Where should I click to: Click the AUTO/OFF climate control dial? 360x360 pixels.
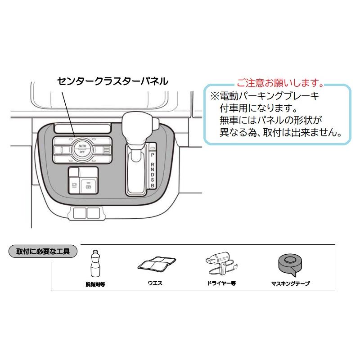[x=82, y=149]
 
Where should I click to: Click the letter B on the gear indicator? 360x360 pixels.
[x=153, y=185]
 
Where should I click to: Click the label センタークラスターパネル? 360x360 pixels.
[x=112, y=81]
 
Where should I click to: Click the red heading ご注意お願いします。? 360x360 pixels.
[x=280, y=83]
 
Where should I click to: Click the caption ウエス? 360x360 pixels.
[x=157, y=283]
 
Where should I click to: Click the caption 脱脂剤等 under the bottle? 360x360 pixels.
[x=95, y=284]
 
